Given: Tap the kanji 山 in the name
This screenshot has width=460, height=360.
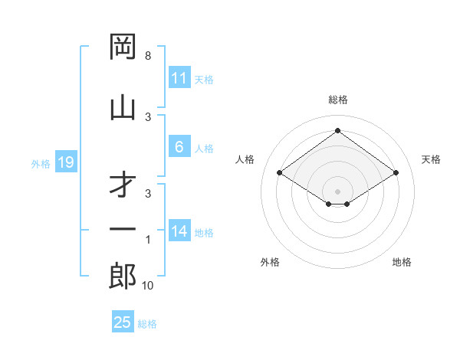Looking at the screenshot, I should click(123, 106).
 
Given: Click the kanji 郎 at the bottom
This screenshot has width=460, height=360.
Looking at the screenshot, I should click(123, 276).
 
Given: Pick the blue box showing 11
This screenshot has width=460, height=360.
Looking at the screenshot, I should click(179, 78).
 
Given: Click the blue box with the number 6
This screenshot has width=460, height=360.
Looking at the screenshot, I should click(179, 148).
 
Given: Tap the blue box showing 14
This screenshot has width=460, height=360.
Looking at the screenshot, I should click(179, 232).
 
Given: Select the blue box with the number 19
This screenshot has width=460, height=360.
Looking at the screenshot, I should click(65, 162).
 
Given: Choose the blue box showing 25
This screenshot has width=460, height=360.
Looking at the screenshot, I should click(123, 322).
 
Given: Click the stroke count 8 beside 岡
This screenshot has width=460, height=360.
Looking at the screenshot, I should click(148, 56).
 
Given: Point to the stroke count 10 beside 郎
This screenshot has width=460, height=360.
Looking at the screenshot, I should click(148, 286).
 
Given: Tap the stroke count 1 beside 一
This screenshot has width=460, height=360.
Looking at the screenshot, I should click(148, 241).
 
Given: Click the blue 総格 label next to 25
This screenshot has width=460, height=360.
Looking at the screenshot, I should click(147, 324).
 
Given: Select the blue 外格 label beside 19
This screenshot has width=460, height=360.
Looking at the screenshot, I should click(40, 163).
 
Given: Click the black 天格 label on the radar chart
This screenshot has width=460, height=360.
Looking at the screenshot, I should click(431, 159).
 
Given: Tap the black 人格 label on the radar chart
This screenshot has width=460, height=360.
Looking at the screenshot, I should click(245, 159).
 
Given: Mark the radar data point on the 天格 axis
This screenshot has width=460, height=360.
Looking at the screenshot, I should click(396, 173).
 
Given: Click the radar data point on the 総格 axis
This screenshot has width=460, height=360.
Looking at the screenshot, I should click(337, 131).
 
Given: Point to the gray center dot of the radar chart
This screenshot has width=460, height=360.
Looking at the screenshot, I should click(337, 191).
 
